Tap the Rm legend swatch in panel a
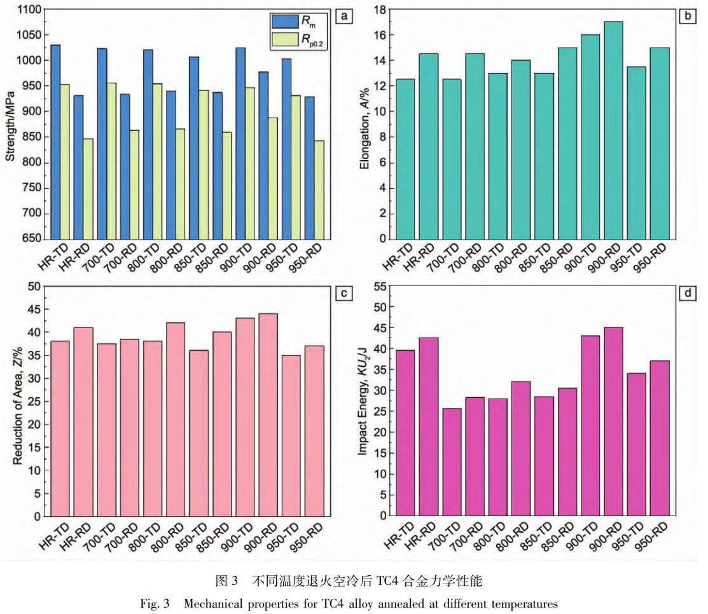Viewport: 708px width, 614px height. (281, 22)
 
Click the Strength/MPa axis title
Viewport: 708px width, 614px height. (11, 125)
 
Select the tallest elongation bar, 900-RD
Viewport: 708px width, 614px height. (613, 130)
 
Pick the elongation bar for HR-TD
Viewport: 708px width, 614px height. (405, 159)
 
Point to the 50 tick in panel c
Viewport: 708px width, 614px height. (36, 287)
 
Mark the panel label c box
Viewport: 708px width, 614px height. (344, 293)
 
